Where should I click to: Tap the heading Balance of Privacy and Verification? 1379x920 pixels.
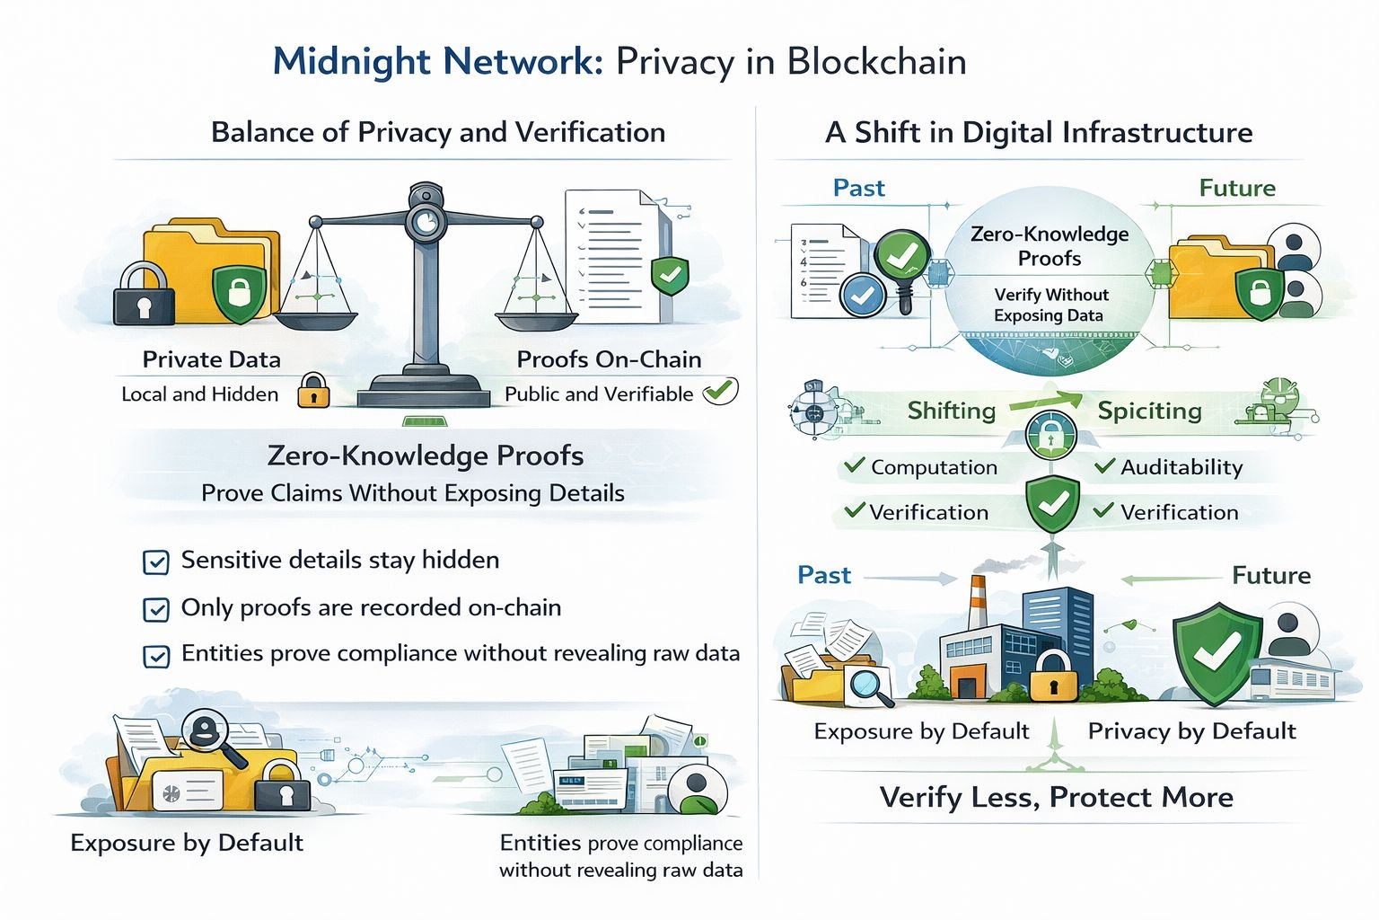tap(438, 132)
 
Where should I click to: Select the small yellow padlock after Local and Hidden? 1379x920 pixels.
tap(313, 392)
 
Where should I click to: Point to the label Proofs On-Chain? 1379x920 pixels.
tap(609, 359)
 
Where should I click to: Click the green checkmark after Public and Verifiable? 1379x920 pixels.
tap(719, 391)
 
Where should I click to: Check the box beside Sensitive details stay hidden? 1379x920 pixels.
tap(156, 562)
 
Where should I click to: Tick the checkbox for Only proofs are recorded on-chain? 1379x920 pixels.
tap(156, 610)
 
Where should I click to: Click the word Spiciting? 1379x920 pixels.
tap(1149, 411)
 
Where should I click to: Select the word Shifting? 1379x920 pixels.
tap(952, 411)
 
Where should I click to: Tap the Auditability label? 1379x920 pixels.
tap(1181, 467)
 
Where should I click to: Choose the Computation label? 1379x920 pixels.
tap(934, 467)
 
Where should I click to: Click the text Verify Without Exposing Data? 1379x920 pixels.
tap(1050, 305)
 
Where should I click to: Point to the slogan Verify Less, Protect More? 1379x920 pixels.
tap(1056, 797)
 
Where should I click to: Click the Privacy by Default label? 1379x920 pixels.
tap(1191, 731)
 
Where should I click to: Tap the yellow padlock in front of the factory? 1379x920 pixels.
tap(1053, 676)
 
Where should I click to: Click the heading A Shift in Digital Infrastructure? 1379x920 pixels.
tap(1039, 132)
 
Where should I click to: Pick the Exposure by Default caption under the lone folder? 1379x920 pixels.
tap(187, 843)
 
